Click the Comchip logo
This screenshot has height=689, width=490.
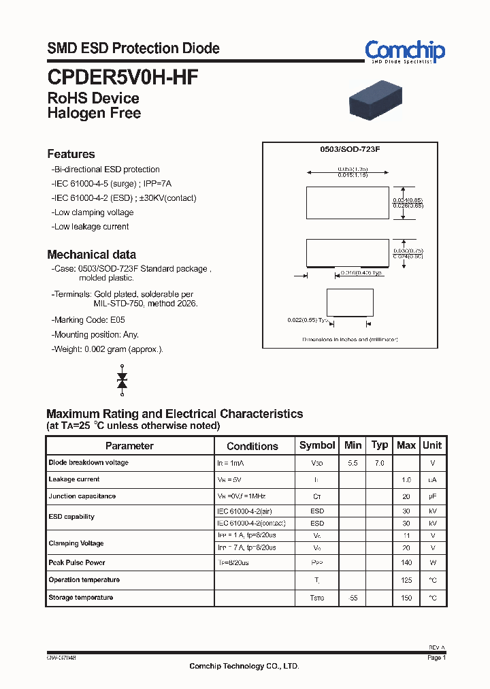coord(404,51)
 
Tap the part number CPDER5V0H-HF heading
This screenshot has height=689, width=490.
coord(122,77)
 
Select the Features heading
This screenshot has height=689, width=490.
coord(71,154)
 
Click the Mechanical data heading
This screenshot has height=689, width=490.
coord(91,254)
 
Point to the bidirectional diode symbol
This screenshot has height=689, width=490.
coord(122,380)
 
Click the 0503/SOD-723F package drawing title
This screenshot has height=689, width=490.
coord(350,148)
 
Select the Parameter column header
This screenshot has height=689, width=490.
coord(129,446)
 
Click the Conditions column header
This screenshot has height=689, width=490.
coord(252,446)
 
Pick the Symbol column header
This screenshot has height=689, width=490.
coord(317,445)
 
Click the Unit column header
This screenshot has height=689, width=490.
coord(432,445)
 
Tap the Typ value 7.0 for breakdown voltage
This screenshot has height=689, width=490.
coord(379,463)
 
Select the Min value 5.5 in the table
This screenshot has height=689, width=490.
coord(353,463)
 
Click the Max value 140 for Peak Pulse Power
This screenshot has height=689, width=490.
coord(406,563)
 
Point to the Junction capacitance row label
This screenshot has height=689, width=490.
coord(82,496)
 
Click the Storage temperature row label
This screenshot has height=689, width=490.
coord(80,597)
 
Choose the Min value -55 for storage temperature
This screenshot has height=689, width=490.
coord(353,598)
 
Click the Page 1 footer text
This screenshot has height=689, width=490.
coord(436,658)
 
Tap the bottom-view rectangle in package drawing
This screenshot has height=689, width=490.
coord(350,302)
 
